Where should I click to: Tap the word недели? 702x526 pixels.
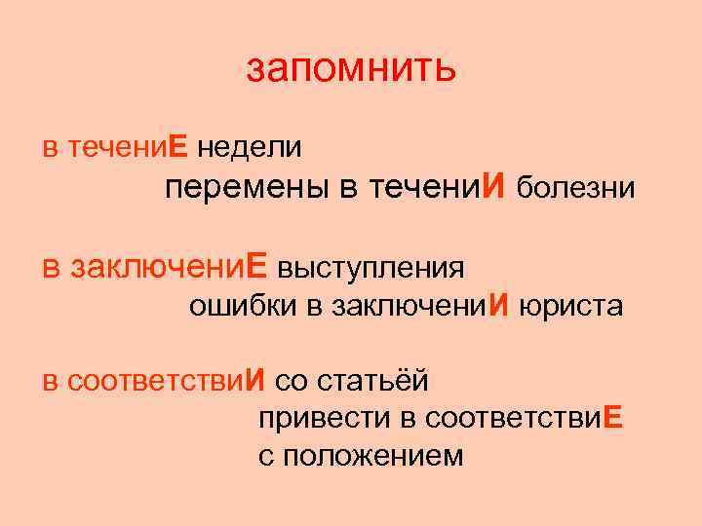point(249,147)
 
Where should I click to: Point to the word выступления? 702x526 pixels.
point(370,266)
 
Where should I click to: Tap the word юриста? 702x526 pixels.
point(570,307)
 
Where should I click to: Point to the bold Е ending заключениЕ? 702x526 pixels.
point(256,266)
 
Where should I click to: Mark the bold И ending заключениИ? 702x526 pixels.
point(499,307)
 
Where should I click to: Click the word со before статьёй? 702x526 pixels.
point(293,378)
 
